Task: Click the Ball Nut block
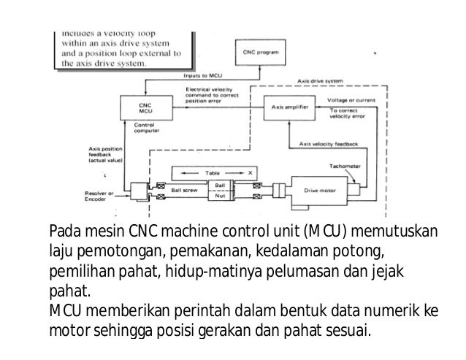(x=220, y=191)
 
